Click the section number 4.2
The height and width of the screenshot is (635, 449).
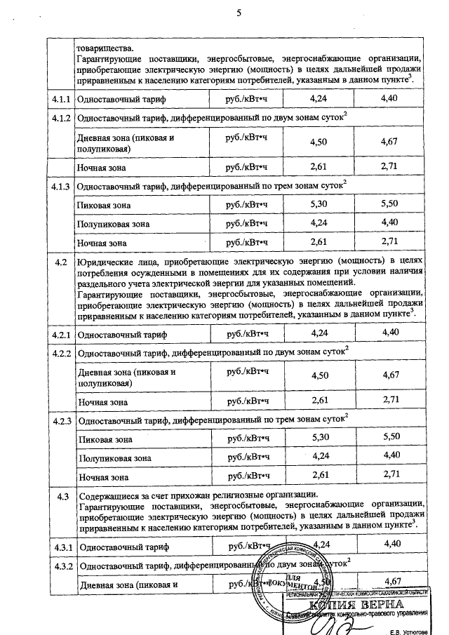point(60,262)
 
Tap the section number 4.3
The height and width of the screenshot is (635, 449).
point(60,496)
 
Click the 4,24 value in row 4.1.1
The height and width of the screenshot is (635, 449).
point(319,99)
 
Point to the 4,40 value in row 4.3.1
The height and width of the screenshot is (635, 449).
point(390,544)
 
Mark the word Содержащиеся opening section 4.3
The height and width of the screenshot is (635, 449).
point(109,496)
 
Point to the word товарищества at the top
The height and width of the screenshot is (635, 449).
point(104,48)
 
